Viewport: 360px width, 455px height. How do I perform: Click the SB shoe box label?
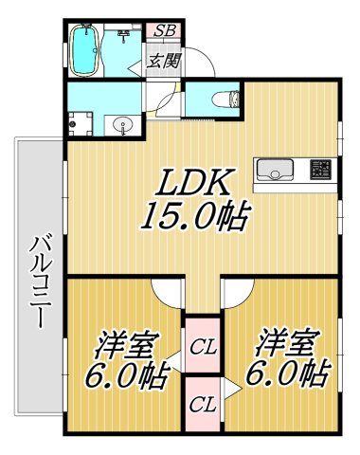point(163,30)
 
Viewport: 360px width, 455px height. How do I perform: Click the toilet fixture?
point(224,99)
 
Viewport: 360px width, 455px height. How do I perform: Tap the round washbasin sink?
point(120,126)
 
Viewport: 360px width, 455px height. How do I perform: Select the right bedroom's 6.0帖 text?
point(285,374)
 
